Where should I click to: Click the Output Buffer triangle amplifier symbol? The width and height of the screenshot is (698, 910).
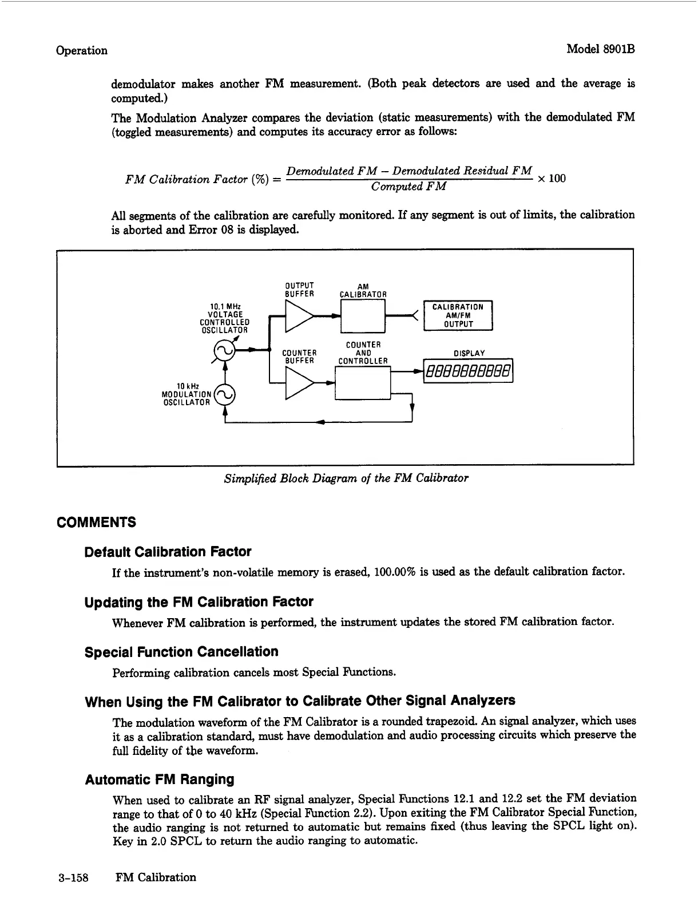(298, 316)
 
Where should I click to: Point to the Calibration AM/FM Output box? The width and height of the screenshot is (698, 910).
(458, 315)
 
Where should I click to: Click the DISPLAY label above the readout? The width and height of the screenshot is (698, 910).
(469, 353)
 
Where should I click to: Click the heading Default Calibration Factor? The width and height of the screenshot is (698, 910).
(168, 552)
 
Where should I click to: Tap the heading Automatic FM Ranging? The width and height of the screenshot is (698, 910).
(160, 780)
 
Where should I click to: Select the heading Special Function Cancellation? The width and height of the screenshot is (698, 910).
(181, 652)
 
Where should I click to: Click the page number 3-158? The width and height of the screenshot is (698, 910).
(73, 877)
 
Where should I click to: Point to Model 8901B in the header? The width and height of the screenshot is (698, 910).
(601, 50)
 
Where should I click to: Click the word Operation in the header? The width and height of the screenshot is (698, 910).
(81, 50)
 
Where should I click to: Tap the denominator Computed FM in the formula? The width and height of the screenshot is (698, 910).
(409, 187)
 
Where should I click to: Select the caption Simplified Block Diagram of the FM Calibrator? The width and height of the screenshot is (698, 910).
(346, 478)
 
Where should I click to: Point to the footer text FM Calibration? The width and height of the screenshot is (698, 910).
(156, 877)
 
